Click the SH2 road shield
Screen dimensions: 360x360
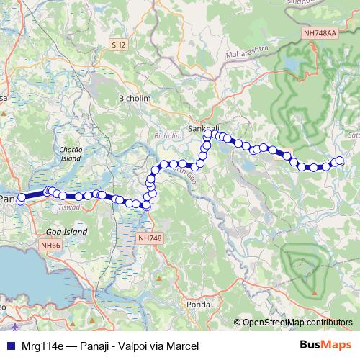coord(119,45)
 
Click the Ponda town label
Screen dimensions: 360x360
coord(198,304)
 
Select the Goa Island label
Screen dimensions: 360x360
coord(66,233)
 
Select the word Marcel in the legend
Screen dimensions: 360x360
coord(179,346)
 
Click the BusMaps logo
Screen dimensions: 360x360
coord(326,346)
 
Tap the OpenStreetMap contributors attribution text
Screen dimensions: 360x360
coord(297,322)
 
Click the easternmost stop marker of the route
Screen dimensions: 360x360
coord(340,162)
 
